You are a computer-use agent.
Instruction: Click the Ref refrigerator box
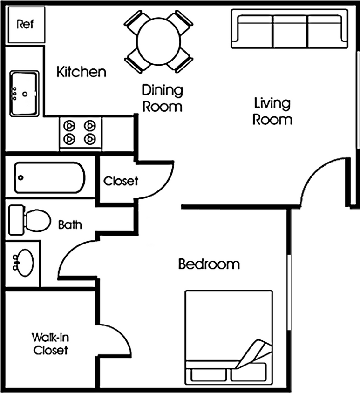(x=25, y=25)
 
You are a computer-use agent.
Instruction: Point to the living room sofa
(x=289, y=30)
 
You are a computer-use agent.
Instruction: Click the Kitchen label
(x=82, y=72)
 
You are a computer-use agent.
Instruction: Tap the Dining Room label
(x=162, y=98)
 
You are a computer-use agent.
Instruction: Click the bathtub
(x=49, y=177)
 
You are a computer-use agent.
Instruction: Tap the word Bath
(x=70, y=225)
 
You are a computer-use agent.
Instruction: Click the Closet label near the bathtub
(x=121, y=181)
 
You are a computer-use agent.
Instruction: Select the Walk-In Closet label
(x=50, y=343)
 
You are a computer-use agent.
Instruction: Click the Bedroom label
(x=209, y=264)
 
